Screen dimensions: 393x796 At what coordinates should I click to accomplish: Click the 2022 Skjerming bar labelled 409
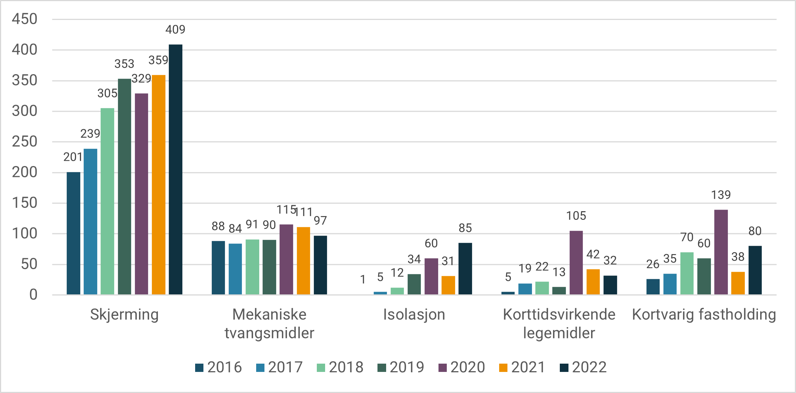point(176,169)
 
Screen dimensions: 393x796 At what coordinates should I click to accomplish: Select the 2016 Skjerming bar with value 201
point(73,233)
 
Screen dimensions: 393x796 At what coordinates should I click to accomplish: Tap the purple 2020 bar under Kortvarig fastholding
point(721,252)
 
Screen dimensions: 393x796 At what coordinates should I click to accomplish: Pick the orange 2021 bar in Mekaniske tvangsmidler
point(303,261)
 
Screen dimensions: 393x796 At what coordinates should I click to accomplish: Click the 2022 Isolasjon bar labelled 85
point(465,269)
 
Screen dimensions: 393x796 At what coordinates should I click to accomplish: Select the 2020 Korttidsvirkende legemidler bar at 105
point(576,263)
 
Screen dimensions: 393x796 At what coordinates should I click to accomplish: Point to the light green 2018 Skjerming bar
point(107,201)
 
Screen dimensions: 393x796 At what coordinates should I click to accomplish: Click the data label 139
point(721,195)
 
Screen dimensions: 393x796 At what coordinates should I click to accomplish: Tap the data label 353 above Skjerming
point(124,64)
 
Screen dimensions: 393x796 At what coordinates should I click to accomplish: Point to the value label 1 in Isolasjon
point(363,279)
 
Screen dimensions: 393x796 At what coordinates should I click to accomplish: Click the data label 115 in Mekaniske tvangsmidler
point(286,210)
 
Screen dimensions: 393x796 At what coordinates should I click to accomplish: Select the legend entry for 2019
point(401,367)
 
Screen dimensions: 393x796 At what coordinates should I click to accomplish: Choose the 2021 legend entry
point(522,367)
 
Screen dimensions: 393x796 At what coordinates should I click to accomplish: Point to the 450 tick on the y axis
point(24,19)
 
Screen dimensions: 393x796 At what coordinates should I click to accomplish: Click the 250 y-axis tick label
point(24,142)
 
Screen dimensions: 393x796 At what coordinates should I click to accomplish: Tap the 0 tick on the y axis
point(34,295)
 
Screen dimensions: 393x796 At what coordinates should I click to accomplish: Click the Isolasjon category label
point(414,315)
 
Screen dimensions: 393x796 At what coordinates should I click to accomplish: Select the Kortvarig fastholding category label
point(704,315)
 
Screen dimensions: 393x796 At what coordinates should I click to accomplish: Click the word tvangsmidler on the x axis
point(269,333)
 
